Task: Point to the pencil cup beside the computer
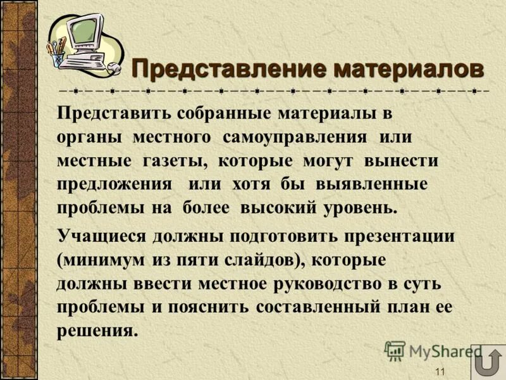(58, 53)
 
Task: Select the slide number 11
(440, 371)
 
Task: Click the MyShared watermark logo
(433, 350)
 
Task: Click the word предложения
(114, 184)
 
